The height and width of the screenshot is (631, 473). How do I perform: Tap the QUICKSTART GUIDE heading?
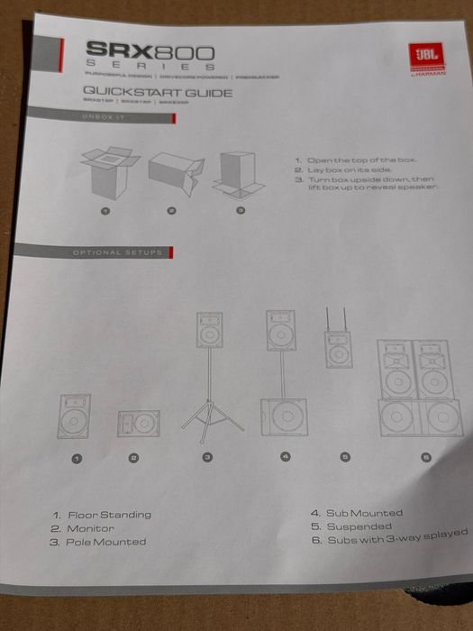point(158,92)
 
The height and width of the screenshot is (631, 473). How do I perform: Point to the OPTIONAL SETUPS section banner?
point(123,252)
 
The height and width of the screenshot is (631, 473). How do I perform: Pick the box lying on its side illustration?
point(173,173)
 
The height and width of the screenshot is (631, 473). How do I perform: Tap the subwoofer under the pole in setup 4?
point(283,417)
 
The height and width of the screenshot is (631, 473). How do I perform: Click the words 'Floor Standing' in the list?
point(109,515)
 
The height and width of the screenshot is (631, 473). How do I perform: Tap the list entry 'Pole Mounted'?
point(105,542)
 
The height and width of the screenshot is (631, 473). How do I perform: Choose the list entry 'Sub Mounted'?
point(362,514)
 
